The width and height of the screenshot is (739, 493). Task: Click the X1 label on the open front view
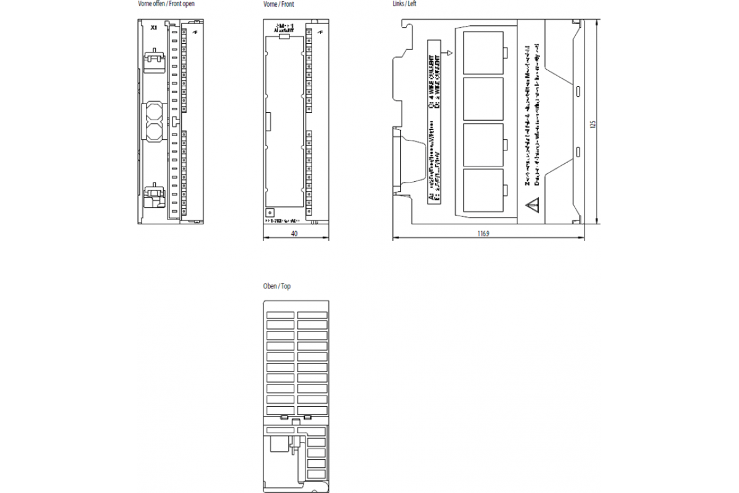(x=154, y=28)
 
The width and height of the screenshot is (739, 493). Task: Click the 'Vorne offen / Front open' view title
(x=166, y=4)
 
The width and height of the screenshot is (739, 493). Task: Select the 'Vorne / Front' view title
(x=278, y=4)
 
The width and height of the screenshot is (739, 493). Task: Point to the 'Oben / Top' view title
(x=277, y=287)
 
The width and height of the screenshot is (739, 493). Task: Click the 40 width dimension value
(x=295, y=234)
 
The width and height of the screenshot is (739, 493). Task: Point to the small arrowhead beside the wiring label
(x=450, y=54)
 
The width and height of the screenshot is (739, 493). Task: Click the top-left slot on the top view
(x=280, y=315)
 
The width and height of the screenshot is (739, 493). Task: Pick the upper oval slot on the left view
(x=578, y=92)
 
